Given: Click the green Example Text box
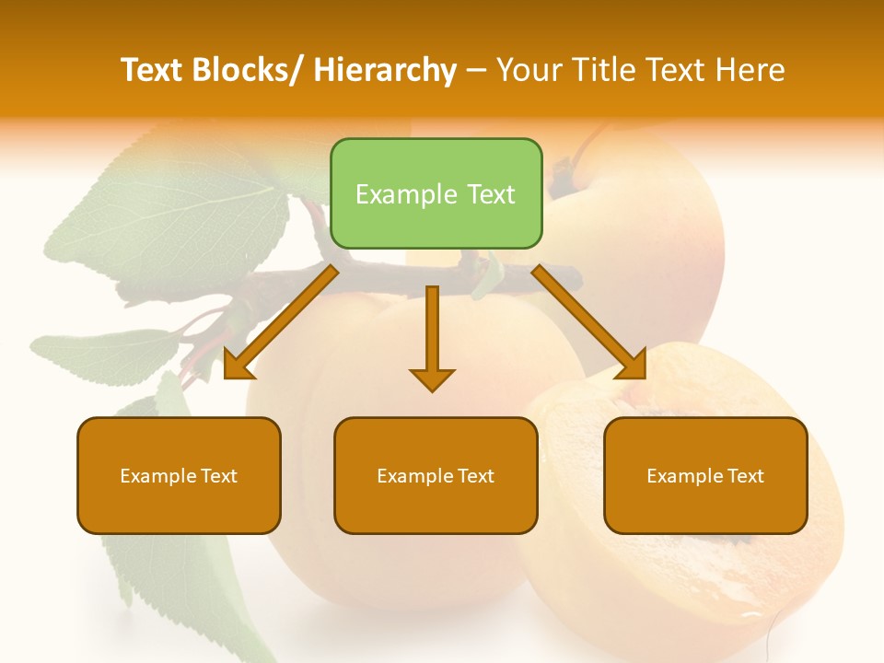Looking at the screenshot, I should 436,193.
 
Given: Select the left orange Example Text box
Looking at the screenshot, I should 179,475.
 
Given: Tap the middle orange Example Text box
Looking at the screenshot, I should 436,475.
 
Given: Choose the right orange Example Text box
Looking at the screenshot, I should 705,475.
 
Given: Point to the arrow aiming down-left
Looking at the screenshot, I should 281,322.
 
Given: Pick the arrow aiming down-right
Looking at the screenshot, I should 589,322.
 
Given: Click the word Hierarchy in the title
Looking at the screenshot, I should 385,70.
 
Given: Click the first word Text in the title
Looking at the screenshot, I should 152,70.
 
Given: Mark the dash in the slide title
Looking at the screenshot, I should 475,70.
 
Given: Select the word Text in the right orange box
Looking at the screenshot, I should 745,476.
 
